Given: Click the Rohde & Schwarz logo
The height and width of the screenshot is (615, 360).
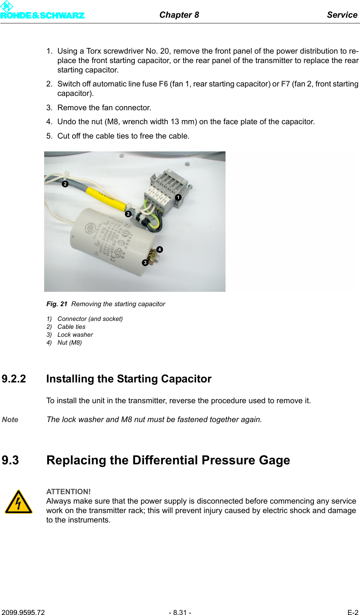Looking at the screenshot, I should pos(42,11).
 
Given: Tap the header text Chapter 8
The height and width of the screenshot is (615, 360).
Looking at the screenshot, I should pos(179,15).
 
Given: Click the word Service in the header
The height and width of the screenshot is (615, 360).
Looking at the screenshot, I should pos(342,15).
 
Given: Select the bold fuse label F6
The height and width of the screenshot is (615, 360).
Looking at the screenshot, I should pos(163,84).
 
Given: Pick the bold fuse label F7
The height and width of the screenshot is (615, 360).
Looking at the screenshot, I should pos(285,84).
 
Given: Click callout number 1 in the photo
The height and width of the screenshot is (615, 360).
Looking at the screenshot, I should pos(178,197).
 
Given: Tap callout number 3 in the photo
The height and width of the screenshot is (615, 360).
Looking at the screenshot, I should pos(145,263).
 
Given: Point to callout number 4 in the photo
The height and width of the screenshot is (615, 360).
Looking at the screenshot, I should pos(160,250).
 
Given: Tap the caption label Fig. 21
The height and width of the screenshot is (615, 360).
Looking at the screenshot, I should pos(57,304).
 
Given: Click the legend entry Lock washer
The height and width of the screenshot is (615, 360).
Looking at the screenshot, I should pos(75,334).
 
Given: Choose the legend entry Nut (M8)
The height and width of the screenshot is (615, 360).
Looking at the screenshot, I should pos(70,342).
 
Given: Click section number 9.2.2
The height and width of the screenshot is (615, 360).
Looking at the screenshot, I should pos(14,379).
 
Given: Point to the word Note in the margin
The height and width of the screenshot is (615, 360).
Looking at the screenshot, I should pos(10,419).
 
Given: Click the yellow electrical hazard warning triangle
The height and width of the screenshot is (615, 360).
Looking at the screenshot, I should pos(19,502).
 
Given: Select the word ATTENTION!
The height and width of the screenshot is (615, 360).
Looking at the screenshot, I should pos(68,492).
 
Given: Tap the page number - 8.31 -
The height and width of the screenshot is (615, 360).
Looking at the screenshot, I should pos(180,612).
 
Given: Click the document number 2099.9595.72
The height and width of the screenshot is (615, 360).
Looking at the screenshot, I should pos(23,612).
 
